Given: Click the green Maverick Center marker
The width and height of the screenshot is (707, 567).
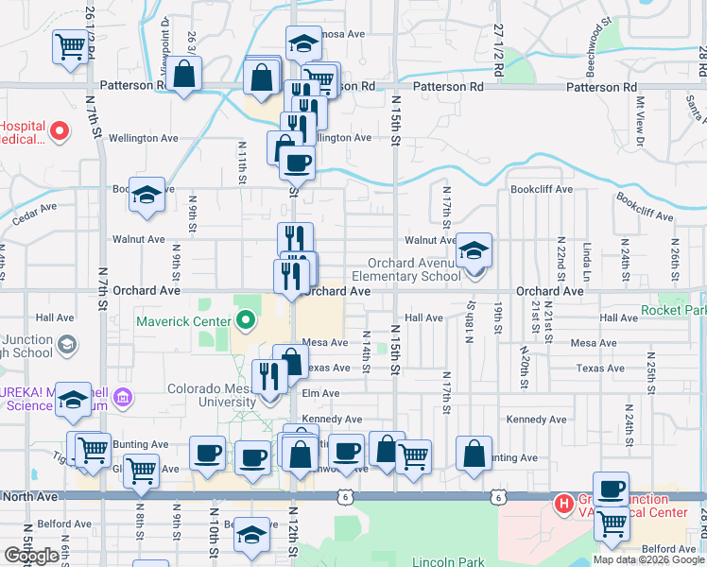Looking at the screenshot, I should click(x=246, y=321).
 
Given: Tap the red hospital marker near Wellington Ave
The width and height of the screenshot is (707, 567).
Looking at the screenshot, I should click(x=60, y=131).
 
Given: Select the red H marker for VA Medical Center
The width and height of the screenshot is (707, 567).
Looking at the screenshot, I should click(x=564, y=503).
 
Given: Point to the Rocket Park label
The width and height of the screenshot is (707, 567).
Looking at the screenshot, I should click(x=673, y=310).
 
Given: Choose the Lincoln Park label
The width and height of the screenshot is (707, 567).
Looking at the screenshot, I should click(x=447, y=561).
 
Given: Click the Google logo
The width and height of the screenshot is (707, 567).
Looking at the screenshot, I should click(x=31, y=556).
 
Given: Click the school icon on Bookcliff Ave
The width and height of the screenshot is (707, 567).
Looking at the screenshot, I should click(x=147, y=194).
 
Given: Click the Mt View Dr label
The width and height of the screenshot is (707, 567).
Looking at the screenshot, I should click(x=640, y=121).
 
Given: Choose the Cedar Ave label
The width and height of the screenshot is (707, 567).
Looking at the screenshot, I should click(x=35, y=213).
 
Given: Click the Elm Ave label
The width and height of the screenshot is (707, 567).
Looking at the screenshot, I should click(x=320, y=393).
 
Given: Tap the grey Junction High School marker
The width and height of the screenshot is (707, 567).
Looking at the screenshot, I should click(x=66, y=346).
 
